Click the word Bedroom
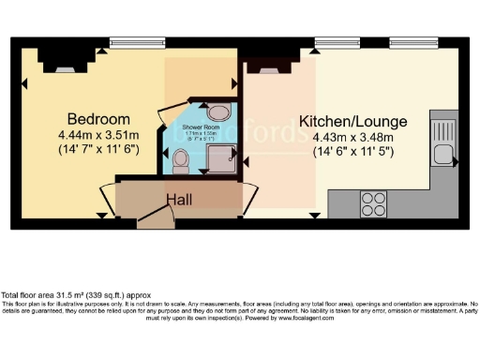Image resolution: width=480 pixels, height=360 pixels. click(x=97, y=119)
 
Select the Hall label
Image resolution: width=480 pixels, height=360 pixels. click(x=181, y=200)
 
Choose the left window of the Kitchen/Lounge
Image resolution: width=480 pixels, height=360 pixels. click(x=329, y=42)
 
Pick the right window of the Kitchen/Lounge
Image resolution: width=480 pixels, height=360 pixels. click(x=408, y=42)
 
